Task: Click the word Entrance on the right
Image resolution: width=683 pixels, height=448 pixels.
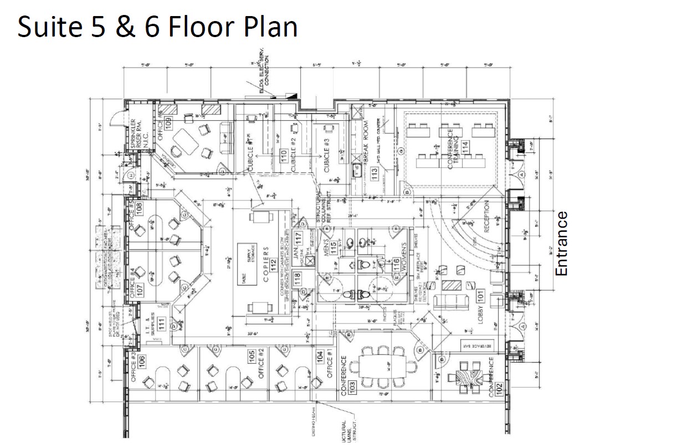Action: [x=562, y=244]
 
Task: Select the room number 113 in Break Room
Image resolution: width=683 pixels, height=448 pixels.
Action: [x=375, y=174]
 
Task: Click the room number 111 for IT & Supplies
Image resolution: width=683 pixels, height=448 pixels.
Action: [x=160, y=323]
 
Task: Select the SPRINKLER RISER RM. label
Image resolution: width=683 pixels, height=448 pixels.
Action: [x=136, y=135]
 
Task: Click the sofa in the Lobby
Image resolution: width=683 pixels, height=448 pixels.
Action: [x=450, y=302]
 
